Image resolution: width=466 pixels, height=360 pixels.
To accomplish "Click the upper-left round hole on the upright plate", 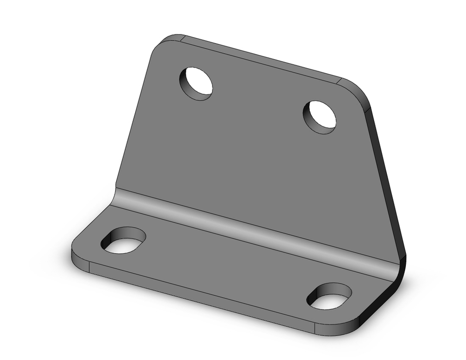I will [196, 84].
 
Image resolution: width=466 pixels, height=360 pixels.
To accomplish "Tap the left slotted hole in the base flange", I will [123, 241].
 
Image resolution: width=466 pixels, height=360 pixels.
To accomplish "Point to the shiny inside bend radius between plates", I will [252, 224].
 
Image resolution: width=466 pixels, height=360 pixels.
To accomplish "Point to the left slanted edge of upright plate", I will [133, 117].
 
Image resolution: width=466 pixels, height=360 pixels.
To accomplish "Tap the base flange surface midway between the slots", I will [224, 266].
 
